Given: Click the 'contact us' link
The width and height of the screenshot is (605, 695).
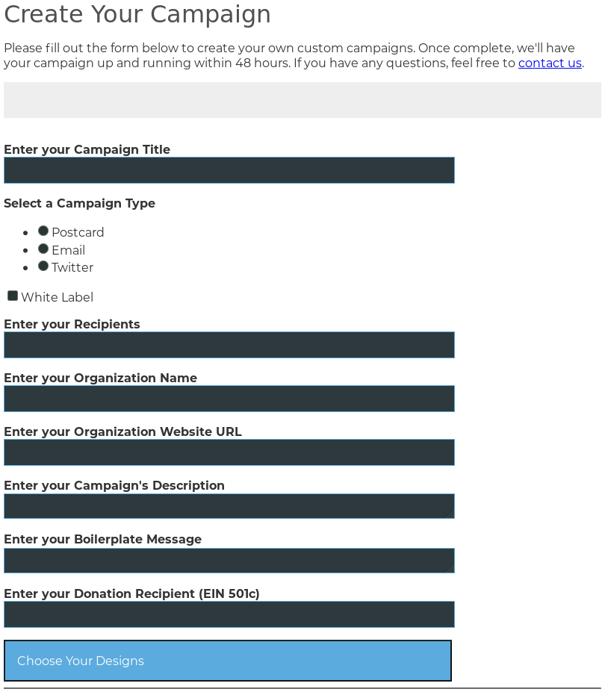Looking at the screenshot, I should click(550, 63).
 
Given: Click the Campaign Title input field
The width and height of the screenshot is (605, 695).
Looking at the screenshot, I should click(229, 170).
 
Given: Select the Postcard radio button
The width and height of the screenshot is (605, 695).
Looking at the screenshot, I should click(43, 231).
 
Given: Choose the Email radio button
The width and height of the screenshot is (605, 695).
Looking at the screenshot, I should click(43, 249).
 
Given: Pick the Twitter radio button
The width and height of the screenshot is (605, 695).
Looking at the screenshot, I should click(43, 266).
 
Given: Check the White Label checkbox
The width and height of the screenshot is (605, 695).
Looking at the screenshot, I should click(13, 296).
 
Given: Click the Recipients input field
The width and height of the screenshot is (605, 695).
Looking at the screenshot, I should click(229, 345).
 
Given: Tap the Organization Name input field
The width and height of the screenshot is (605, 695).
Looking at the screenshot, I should click(229, 399).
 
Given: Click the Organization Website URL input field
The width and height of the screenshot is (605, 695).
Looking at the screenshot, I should click(229, 452).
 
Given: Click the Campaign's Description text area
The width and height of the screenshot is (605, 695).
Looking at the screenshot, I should click(229, 506).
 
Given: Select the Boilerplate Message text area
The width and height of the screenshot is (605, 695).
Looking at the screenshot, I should click(229, 561).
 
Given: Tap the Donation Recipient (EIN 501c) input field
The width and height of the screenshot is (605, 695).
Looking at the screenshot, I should click(229, 614).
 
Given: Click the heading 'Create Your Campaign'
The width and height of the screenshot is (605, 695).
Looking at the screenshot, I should click(137, 14).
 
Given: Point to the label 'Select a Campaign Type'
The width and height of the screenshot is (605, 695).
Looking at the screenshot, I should click(79, 204).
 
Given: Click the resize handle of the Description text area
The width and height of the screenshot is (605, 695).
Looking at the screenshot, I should click(450, 514).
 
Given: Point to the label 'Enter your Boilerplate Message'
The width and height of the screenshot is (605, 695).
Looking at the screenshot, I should click(102, 540).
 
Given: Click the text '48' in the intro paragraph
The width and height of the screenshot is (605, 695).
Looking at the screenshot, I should click(243, 63).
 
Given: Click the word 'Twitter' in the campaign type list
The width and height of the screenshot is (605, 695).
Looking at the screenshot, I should click(72, 268).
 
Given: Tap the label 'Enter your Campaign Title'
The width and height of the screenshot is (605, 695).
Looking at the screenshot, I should click(87, 150).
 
